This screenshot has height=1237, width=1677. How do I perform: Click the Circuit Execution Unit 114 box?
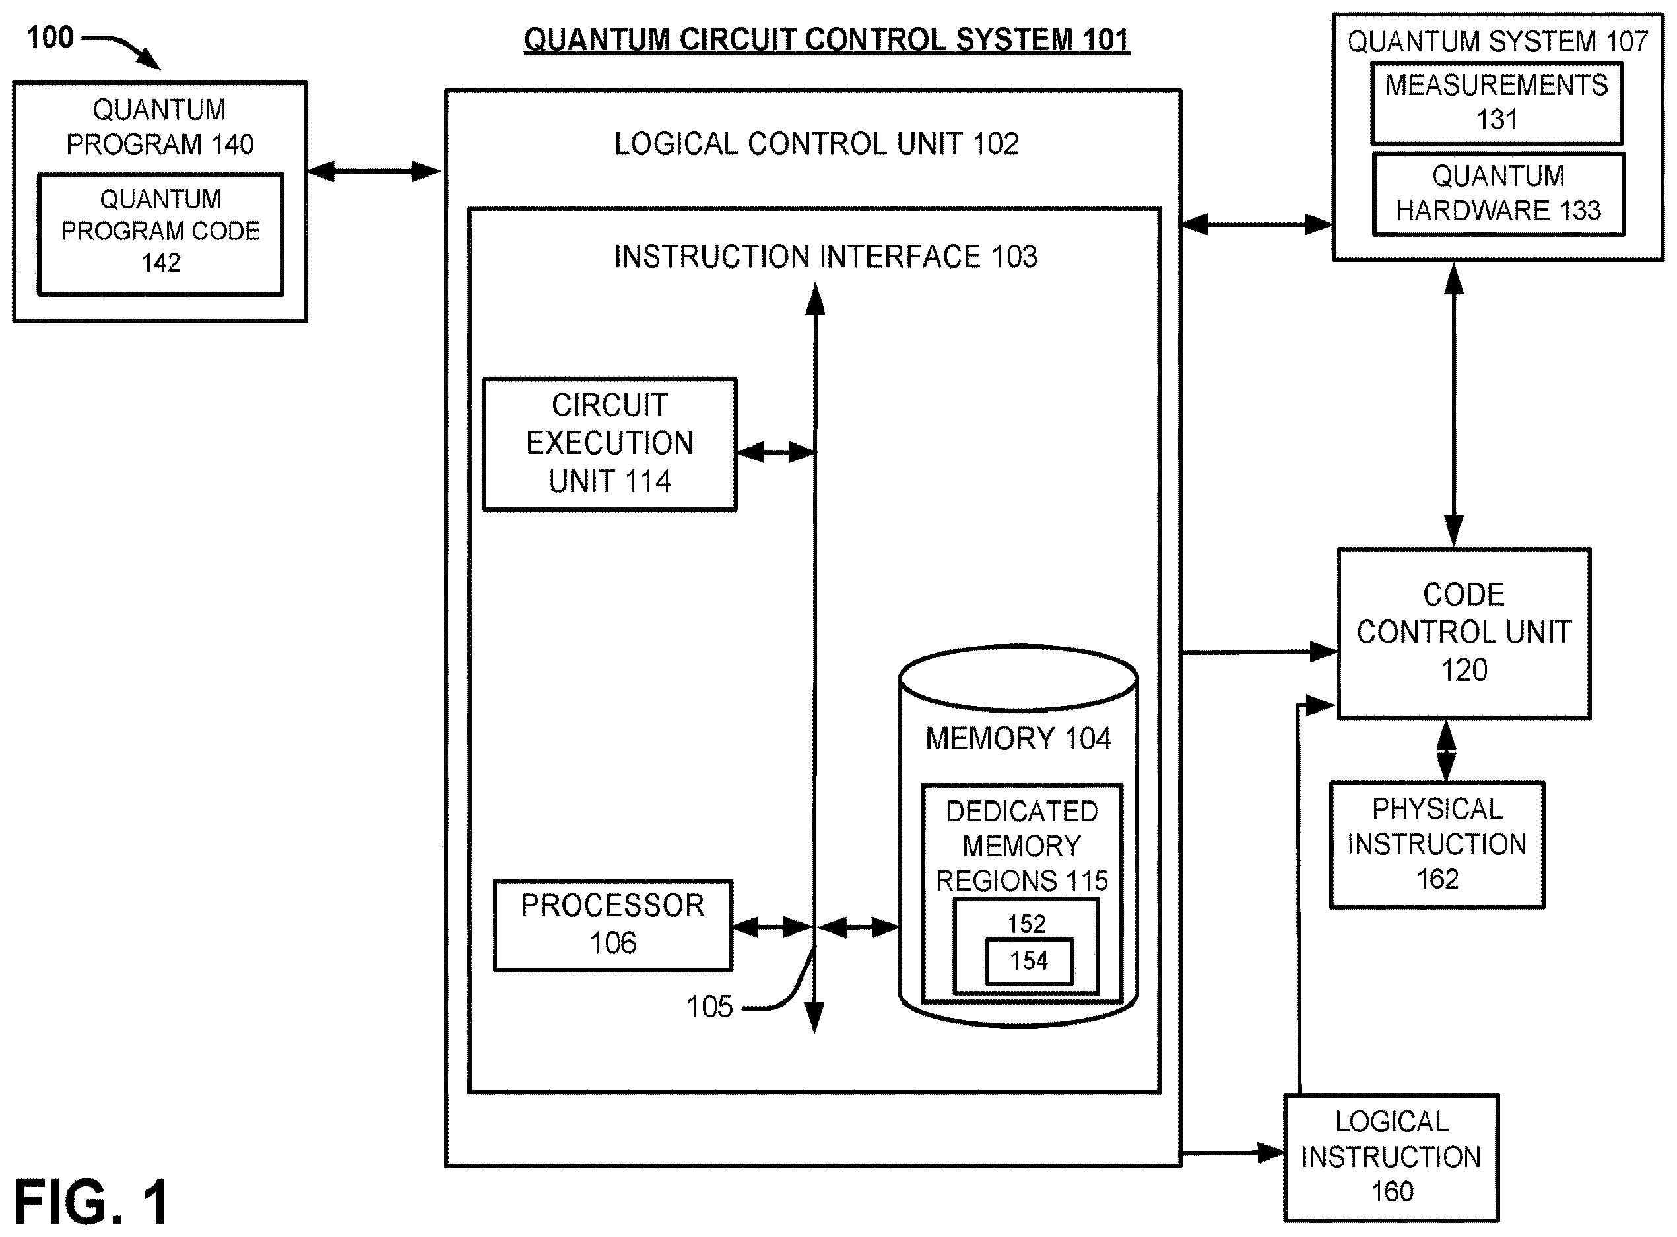(610, 444)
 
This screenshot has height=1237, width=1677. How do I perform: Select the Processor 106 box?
(612, 925)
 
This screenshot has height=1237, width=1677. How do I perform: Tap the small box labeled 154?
(1029, 961)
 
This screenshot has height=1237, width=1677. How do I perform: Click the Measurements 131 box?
(1496, 104)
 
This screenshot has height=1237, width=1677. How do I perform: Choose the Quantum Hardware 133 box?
(1498, 194)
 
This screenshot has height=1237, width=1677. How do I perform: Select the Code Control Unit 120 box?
(1464, 633)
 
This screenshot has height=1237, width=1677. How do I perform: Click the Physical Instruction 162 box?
(1437, 844)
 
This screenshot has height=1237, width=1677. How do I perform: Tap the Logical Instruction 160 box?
(1391, 1157)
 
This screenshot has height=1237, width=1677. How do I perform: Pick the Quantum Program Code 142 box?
(160, 234)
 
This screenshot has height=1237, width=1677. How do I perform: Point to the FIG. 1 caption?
(90, 1203)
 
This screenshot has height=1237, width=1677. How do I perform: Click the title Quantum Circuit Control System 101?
(826, 40)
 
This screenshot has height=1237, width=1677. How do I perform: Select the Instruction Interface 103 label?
(826, 257)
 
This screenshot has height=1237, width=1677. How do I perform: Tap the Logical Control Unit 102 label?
(816, 144)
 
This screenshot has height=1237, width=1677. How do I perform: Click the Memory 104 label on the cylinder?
(1018, 739)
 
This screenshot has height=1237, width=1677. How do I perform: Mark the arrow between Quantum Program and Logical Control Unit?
(374, 172)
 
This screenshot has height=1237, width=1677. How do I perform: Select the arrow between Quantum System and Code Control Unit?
(1454, 404)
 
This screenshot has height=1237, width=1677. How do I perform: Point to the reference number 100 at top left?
(50, 38)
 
